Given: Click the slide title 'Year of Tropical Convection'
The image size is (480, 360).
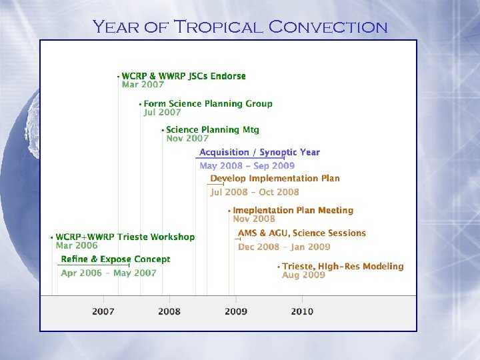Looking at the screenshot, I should (x=240, y=27).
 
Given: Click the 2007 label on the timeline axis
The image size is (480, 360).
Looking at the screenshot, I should (x=103, y=311).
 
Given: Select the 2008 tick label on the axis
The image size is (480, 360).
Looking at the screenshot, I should (x=169, y=311).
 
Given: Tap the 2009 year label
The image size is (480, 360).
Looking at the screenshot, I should (x=235, y=311).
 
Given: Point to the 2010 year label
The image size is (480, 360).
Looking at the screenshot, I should (x=302, y=311).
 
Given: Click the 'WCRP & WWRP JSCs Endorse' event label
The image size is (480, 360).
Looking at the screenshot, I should (x=183, y=76).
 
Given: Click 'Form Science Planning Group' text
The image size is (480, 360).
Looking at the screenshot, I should (x=208, y=103).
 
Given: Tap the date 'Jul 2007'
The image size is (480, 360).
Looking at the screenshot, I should (x=162, y=113).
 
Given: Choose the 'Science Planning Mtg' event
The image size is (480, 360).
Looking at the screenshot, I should (x=213, y=130).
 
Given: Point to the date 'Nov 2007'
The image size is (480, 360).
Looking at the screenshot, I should (x=187, y=139).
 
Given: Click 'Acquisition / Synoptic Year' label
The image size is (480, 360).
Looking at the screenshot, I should (x=259, y=153).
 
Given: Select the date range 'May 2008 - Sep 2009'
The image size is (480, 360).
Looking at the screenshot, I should (x=247, y=166).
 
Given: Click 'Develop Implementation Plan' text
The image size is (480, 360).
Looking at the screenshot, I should (x=275, y=179).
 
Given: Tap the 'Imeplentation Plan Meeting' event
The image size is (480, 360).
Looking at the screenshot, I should (x=293, y=211).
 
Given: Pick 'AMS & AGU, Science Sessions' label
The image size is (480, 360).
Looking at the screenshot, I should (x=302, y=233).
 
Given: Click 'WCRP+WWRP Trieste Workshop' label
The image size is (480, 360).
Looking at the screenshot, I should (x=125, y=237).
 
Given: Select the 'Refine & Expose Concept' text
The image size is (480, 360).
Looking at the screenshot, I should (x=115, y=259).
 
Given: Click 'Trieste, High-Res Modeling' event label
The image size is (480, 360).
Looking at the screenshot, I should (x=343, y=267).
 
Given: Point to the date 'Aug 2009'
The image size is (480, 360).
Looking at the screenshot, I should (x=303, y=275).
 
